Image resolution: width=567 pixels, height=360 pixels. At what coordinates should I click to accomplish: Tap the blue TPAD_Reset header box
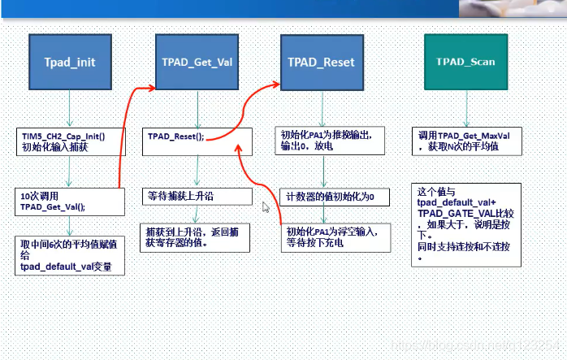click(322, 62)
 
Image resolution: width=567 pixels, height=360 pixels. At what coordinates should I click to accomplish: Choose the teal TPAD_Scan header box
click(465, 62)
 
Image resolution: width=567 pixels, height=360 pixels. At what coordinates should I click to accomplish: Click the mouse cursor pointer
click(264, 206)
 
